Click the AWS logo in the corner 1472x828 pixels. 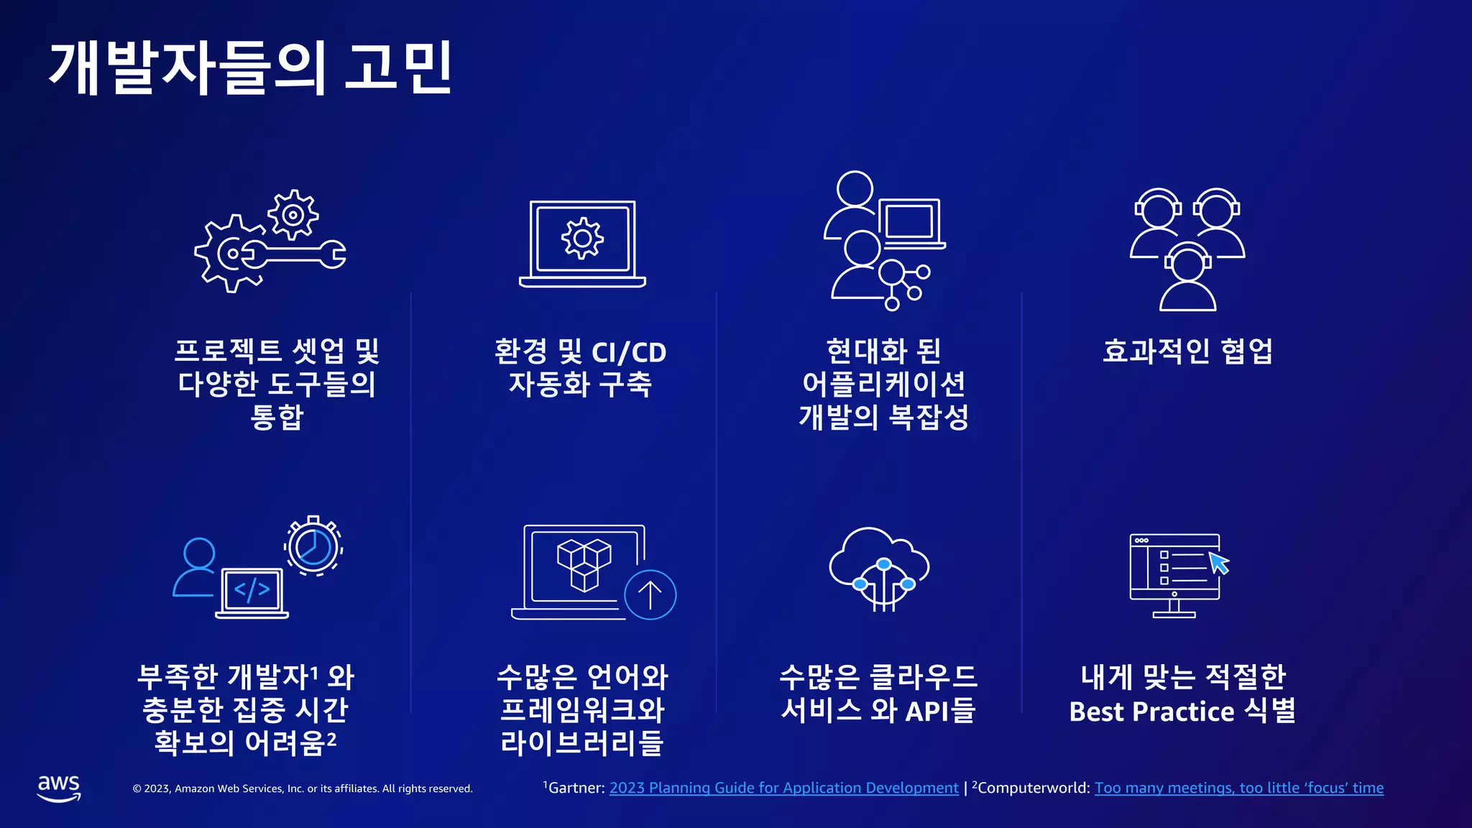pyautogui.click(x=59, y=788)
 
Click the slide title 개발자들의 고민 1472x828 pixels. pyautogui.click(x=250, y=68)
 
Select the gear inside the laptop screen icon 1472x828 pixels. pyautogui.click(x=582, y=239)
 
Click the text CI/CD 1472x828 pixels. pyautogui.click(x=629, y=352)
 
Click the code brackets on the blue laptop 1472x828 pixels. pyautogui.click(x=252, y=590)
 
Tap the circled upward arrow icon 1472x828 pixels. pyautogui.click(x=650, y=594)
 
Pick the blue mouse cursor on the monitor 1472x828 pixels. pyautogui.click(x=1219, y=563)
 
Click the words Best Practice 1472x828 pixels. pyautogui.click(x=1151, y=712)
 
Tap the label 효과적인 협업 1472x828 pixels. pyautogui.click(x=1187, y=351)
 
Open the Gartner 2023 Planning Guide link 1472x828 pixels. pyautogui.click(x=783, y=788)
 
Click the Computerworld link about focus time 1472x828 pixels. pyautogui.click(x=1238, y=788)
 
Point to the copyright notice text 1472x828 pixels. pyautogui.click(x=303, y=788)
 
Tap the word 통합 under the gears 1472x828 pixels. pyautogui.click(x=277, y=417)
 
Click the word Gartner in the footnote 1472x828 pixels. pyautogui.click(x=576, y=788)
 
